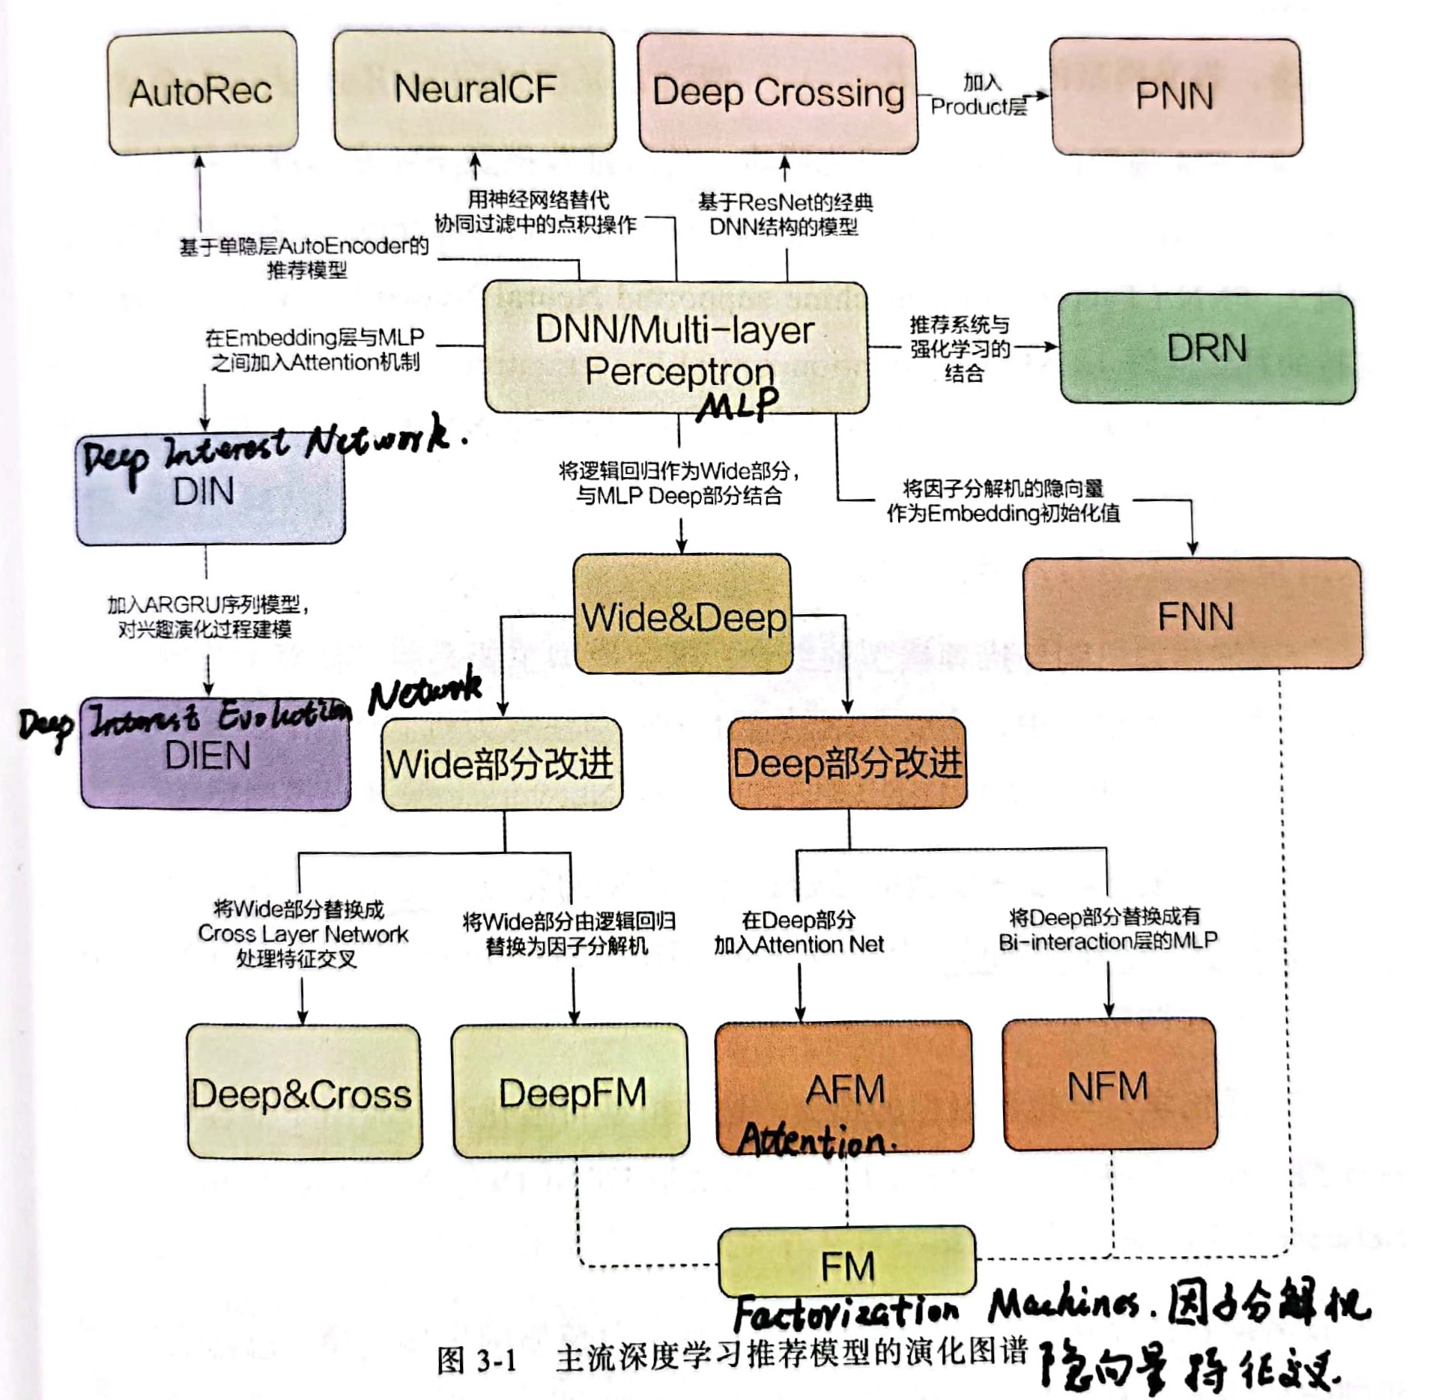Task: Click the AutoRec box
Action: coord(202,93)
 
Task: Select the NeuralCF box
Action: coord(474,91)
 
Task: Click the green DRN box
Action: coord(1206,349)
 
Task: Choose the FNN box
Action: coord(1193,614)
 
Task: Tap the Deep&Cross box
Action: coord(303,1093)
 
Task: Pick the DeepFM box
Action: coord(571,1091)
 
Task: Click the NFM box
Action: coord(1109,1085)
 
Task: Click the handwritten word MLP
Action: coord(738,405)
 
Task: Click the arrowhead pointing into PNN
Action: coord(1043,96)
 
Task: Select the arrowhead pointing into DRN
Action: coord(1052,347)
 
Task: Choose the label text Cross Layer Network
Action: coord(303,934)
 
